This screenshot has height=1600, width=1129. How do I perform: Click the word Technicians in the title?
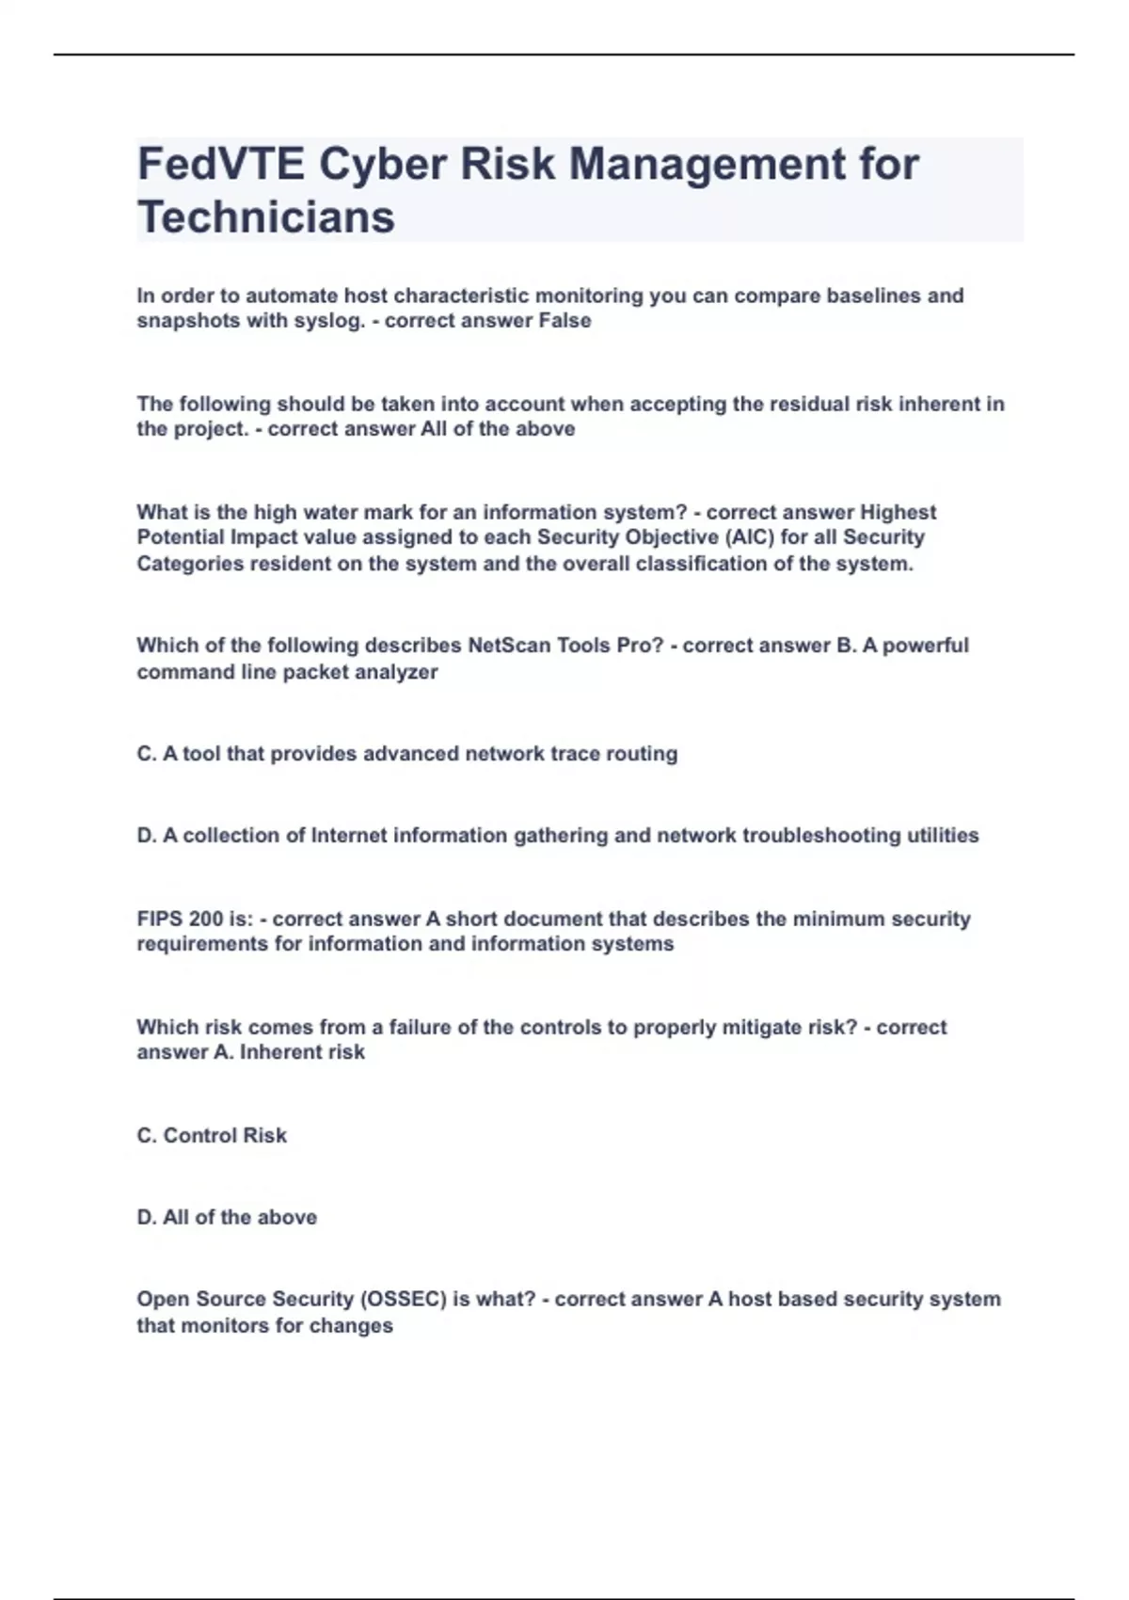(x=265, y=217)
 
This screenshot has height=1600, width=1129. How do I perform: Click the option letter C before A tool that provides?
(x=147, y=754)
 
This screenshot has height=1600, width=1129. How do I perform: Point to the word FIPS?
(x=156, y=919)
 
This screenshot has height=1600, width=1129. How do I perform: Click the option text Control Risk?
(x=225, y=1136)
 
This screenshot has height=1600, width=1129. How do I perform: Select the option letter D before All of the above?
(x=147, y=1218)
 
